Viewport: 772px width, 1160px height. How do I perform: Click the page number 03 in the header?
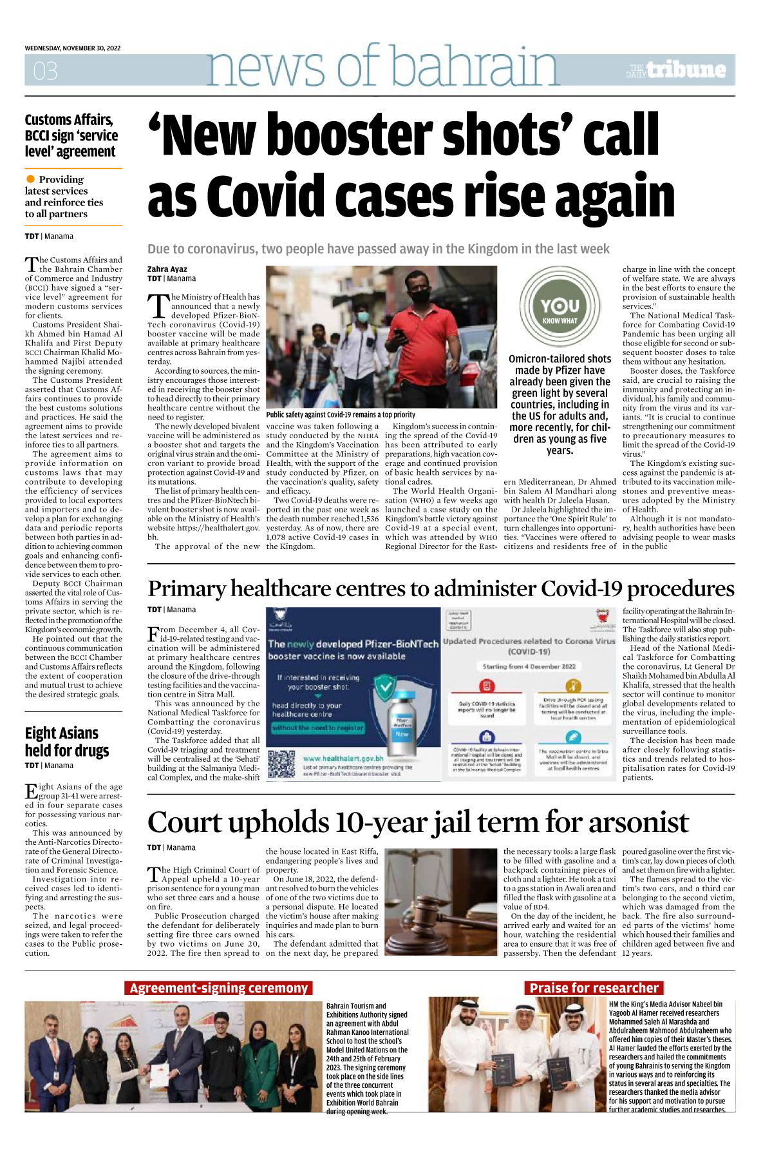(45, 70)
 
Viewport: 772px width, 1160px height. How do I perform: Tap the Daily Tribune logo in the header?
(677, 70)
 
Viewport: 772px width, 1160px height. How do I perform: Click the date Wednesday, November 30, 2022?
(73, 48)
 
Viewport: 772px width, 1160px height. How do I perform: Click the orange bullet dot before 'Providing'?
(30, 179)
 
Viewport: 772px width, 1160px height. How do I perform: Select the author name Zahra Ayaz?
(167, 269)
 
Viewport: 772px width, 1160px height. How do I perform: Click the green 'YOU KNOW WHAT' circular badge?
(560, 305)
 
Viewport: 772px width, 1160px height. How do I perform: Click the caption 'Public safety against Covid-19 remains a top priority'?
(341, 414)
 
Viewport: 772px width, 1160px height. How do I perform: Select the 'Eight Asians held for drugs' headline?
(66, 742)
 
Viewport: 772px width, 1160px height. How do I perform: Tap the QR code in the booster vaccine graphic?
(281, 764)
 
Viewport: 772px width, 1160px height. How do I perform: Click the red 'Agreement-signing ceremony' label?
(218, 988)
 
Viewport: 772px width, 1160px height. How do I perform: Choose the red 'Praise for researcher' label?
(594, 988)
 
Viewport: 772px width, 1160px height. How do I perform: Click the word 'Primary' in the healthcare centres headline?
(187, 588)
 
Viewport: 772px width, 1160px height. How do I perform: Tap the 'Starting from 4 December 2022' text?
(529, 666)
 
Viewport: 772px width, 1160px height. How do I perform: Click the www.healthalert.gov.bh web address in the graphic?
(343, 759)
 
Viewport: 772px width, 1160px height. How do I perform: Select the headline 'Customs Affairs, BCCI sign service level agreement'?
(71, 136)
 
